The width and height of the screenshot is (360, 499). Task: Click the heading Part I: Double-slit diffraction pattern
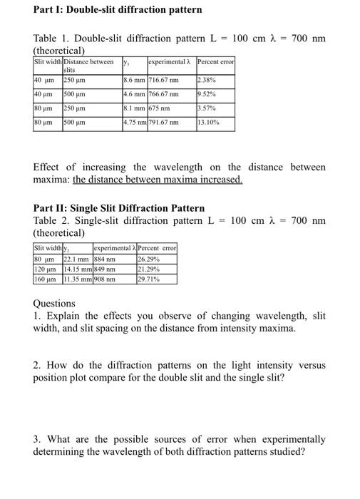(118, 10)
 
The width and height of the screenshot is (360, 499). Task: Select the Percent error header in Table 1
(215, 62)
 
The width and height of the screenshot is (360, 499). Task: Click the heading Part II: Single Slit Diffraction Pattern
(119, 208)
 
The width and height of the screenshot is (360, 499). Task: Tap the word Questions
(54, 303)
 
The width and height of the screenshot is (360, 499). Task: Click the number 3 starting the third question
(36, 438)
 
